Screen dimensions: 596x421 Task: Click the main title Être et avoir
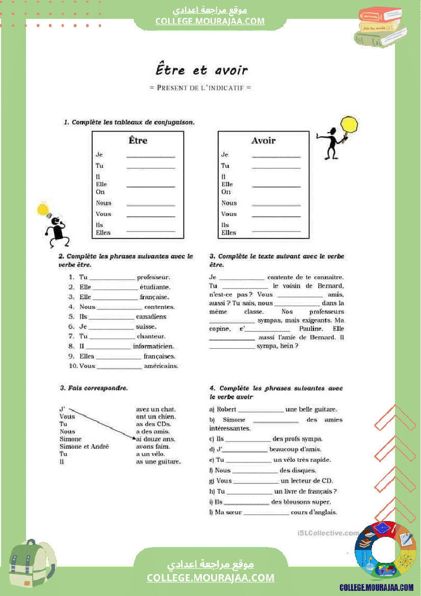(x=201, y=70)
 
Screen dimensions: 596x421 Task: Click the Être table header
(x=138, y=140)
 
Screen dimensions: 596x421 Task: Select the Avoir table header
(x=263, y=140)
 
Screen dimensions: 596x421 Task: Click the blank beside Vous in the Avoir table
(x=276, y=216)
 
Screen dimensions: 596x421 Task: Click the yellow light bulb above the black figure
(x=43, y=209)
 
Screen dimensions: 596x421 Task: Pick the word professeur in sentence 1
(x=153, y=277)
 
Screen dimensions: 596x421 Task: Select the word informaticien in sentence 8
(x=153, y=346)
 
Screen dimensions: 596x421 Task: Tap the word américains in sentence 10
(x=161, y=366)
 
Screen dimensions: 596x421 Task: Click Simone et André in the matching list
(x=84, y=447)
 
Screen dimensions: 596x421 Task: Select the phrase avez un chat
(x=155, y=409)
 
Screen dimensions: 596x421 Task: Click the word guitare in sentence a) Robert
(x=324, y=409)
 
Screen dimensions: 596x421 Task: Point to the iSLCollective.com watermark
(x=327, y=533)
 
